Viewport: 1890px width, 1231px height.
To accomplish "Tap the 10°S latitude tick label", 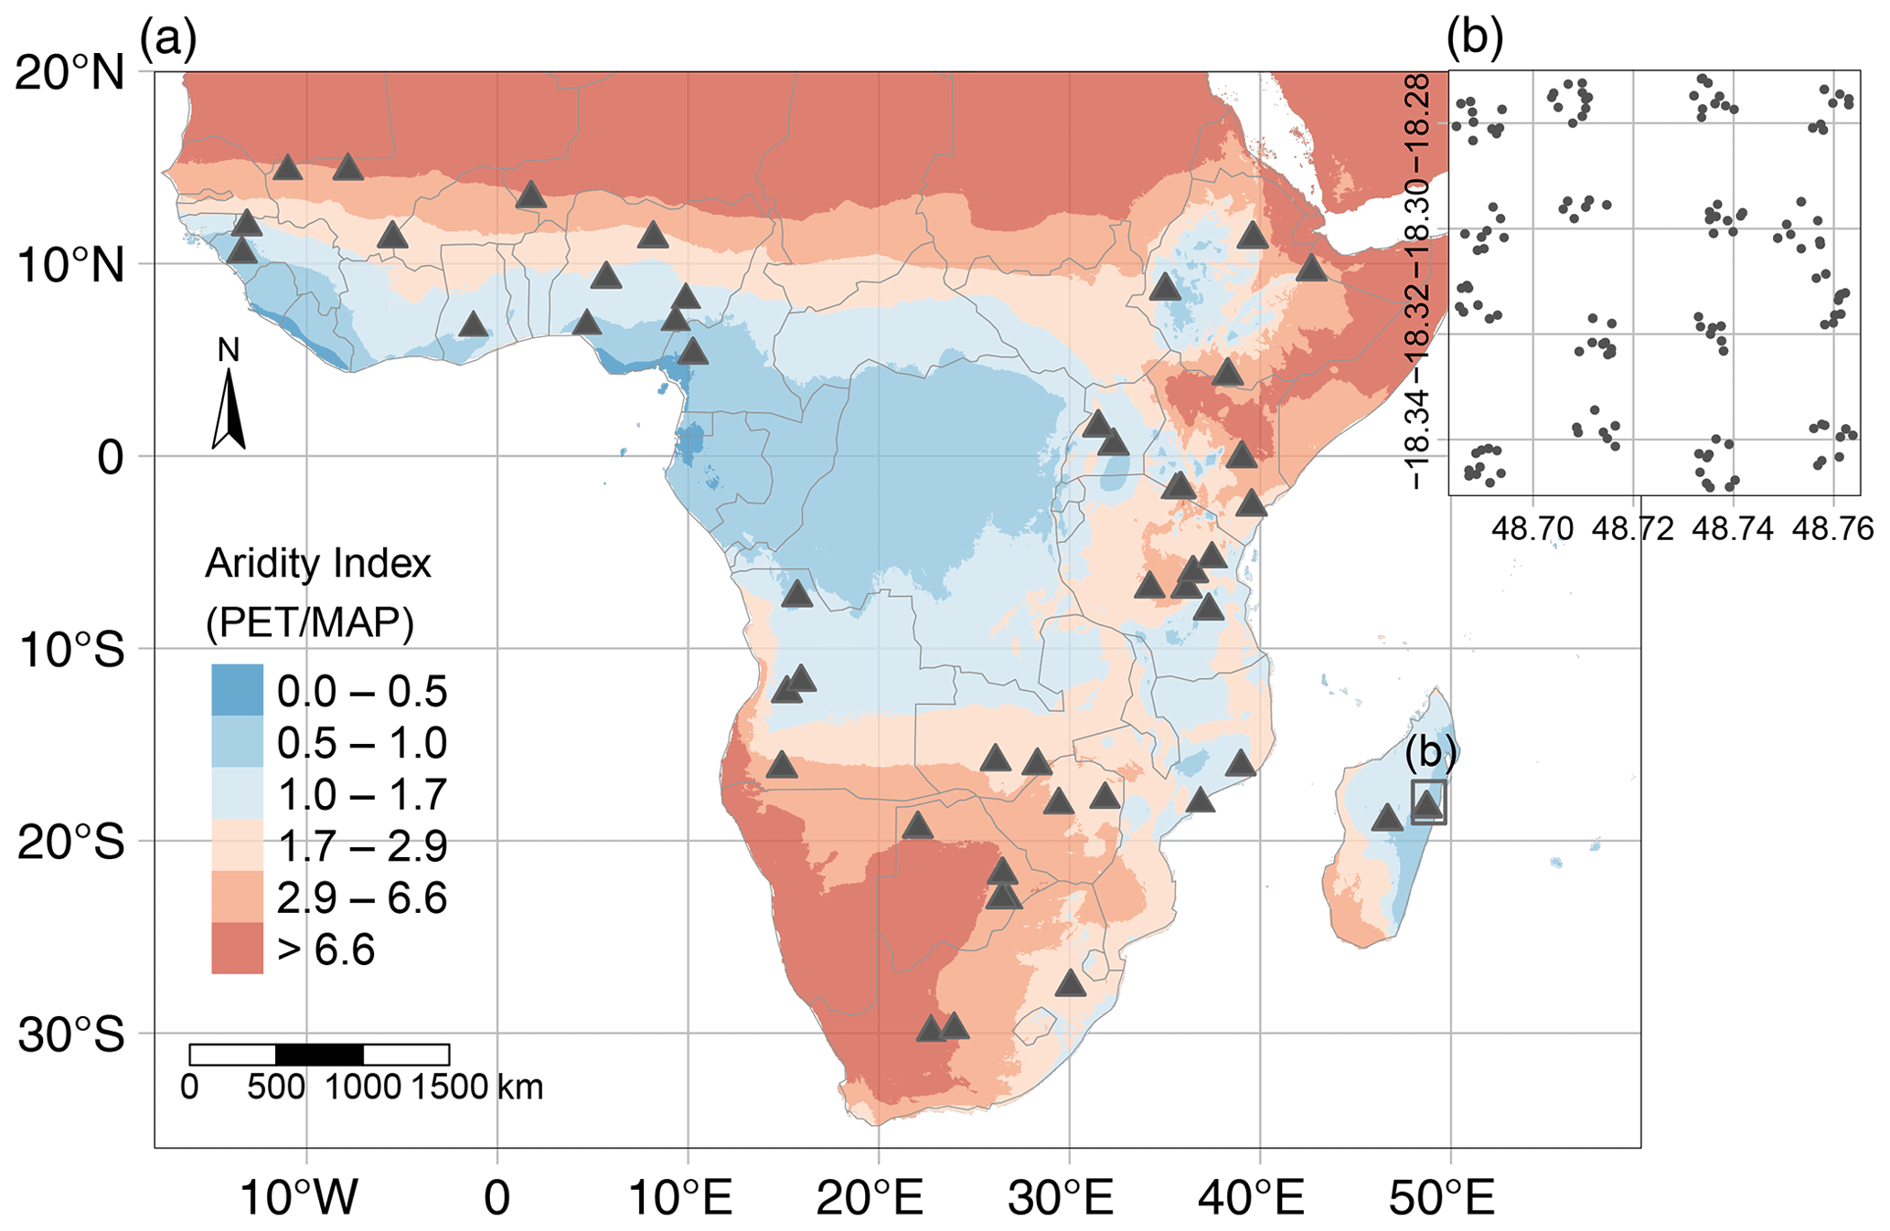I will [69, 651].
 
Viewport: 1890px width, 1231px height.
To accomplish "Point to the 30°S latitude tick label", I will [69, 1035].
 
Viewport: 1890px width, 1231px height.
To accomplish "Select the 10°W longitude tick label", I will [298, 1197].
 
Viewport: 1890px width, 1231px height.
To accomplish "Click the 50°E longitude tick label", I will [1442, 1197].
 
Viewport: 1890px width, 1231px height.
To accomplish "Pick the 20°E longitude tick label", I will [870, 1197].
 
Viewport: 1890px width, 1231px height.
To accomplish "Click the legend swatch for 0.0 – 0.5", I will [237, 690].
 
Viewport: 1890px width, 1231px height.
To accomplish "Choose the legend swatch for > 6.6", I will [237, 949].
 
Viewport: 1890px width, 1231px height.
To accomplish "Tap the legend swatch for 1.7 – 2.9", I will [237, 845].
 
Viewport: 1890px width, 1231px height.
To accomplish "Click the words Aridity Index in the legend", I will [317, 563].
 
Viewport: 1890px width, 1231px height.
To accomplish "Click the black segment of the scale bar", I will [319, 1055].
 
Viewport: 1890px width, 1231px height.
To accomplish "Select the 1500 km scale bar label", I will [476, 1088].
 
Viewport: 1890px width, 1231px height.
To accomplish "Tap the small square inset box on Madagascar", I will [1428, 801].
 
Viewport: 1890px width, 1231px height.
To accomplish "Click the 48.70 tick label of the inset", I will [1532, 528].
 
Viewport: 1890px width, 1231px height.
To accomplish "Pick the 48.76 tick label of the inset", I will [1832, 528].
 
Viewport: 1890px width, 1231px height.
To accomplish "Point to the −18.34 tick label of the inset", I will [1416, 439].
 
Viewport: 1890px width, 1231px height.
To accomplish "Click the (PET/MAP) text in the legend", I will [310, 623].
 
